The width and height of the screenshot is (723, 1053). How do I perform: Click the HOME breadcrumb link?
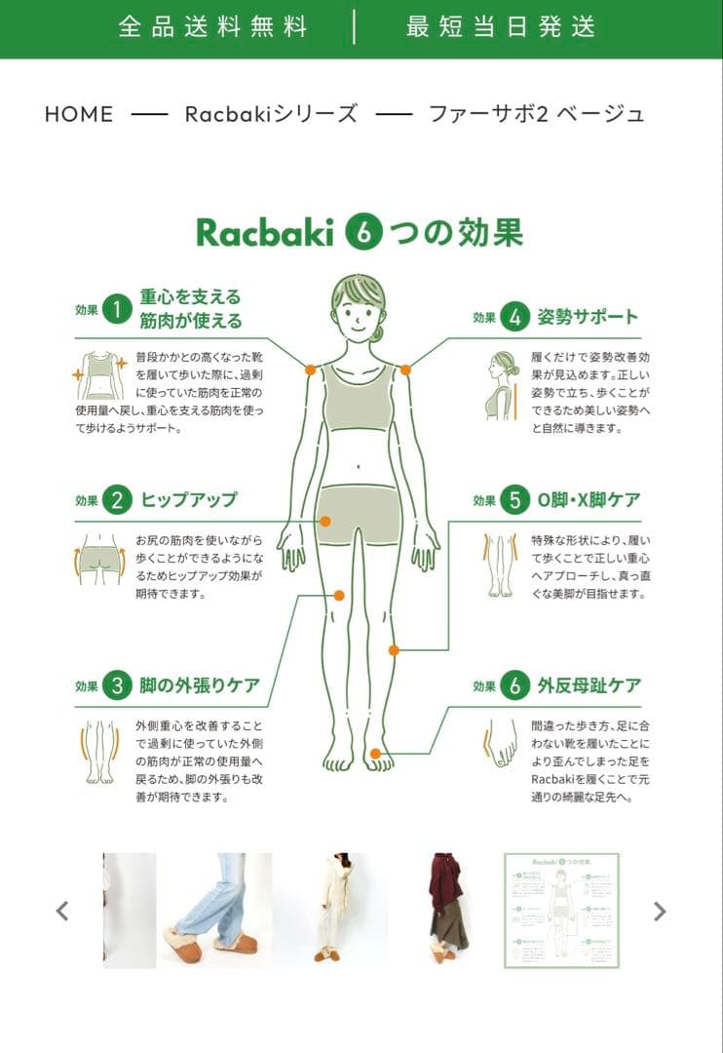pos(79,114)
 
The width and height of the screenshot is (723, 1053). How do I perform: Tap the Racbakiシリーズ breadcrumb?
pos(270,114)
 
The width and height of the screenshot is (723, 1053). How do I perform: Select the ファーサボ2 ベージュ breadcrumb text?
pos(536,114)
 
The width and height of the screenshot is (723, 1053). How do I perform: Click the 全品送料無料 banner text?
pos(212,26)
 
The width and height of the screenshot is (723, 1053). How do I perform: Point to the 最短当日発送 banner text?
pos(501,26)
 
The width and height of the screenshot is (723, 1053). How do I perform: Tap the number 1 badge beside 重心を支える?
pos(117,310)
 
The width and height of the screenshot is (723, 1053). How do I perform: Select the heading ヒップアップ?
pos(188,500)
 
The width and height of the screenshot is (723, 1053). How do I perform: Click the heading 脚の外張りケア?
pos(199,685)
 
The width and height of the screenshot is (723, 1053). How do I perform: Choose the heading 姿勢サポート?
pos(588,317)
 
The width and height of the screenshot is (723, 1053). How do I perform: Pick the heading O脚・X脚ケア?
pos(589,500)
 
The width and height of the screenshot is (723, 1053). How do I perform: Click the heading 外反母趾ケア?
pos(589,685)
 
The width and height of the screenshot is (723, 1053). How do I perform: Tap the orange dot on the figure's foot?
pos(375,753)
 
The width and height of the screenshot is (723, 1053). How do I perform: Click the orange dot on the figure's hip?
pos(325,522)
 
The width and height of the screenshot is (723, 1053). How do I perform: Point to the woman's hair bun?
pos(378,332)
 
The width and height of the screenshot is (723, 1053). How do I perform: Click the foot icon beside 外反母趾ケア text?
pos(502,750)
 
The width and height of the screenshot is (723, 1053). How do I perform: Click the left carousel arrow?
pos(62,911)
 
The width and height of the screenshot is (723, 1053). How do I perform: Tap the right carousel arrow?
pos(660,911)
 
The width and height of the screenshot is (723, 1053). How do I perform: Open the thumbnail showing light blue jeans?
pos(215,911)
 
